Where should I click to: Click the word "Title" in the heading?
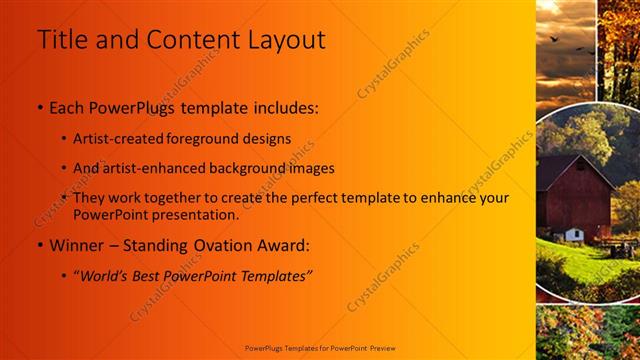(x=61, y=40)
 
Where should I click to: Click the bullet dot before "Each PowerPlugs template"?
(x=39, y=107)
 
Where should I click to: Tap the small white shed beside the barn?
(x=573, y=235)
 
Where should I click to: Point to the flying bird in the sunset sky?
(x=553, y=39)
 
